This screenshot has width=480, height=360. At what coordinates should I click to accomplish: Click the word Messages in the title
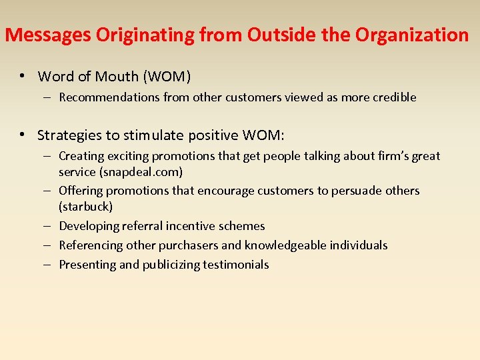click(48, 35)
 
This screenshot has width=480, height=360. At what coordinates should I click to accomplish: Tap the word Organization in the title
click(412, 35)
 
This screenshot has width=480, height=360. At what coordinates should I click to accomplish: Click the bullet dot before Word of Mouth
click(23, 77)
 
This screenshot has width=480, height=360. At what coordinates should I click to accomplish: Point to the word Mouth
click(116, 77)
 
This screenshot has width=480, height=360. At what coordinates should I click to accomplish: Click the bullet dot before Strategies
click(23, 135)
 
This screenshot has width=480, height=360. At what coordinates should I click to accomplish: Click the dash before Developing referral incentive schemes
click(50, 226)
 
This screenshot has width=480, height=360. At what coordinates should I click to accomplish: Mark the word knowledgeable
click(293, 245)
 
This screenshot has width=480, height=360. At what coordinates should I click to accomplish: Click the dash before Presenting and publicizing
click(50, 265)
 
